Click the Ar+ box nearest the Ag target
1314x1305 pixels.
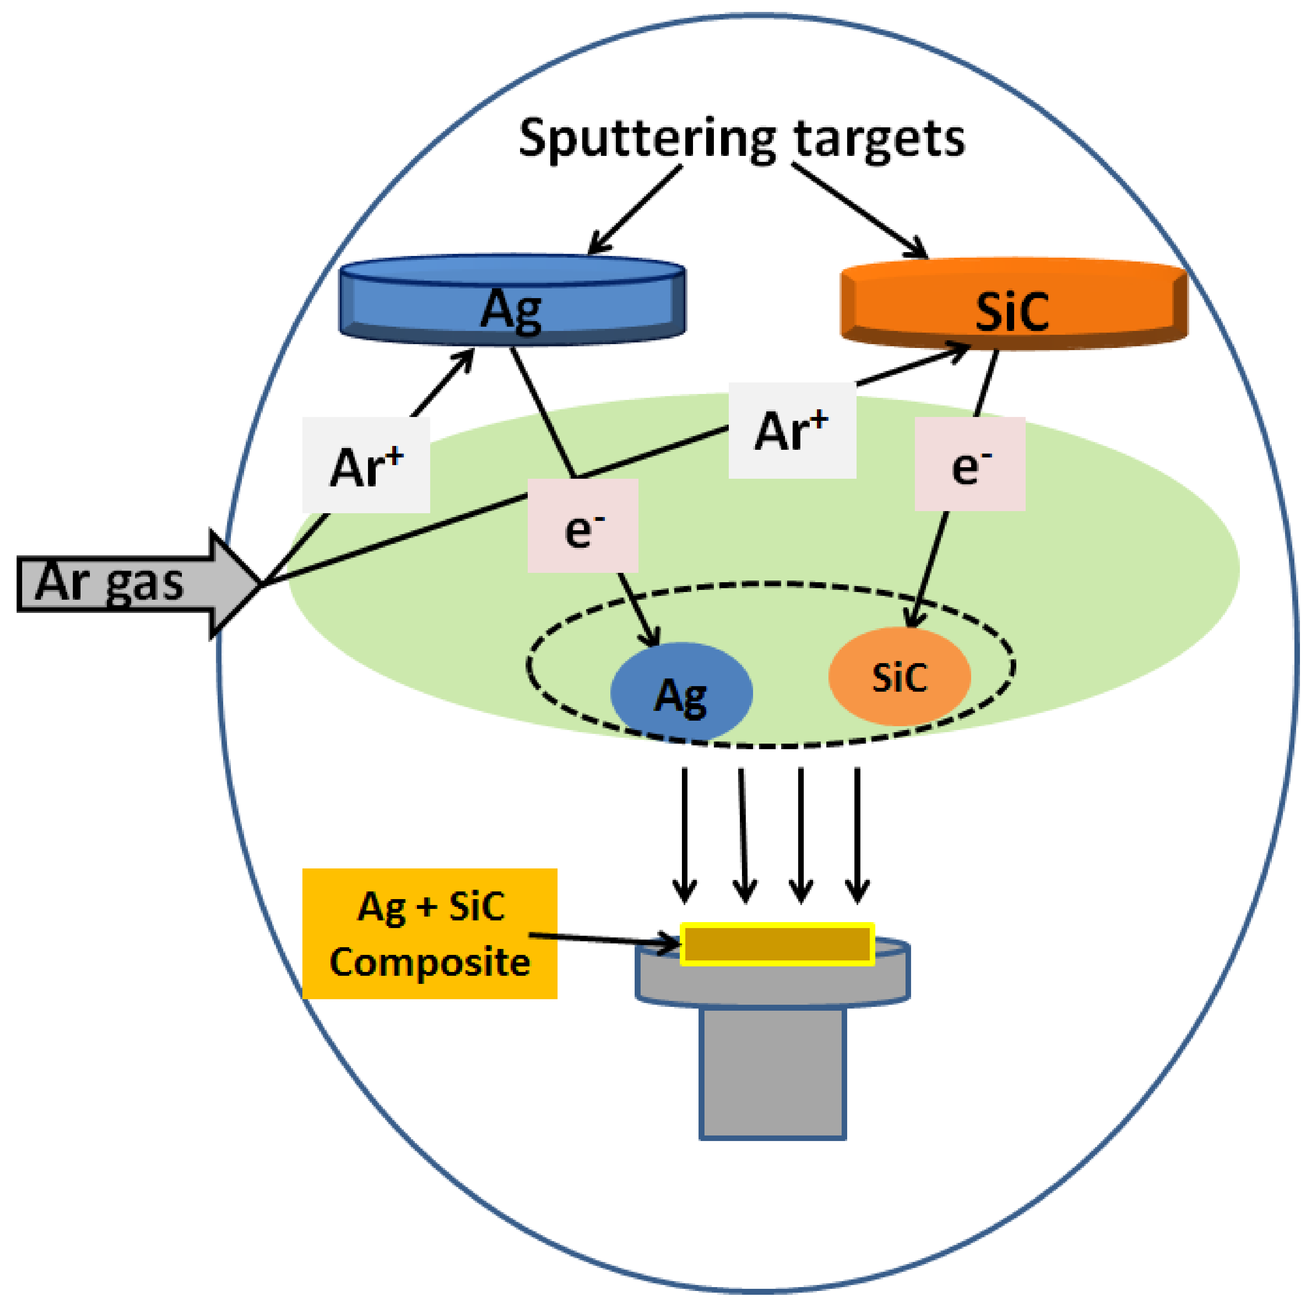coord(366,465)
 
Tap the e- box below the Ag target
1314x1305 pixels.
coord(583,525)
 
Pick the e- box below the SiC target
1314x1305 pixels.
coord(969,465)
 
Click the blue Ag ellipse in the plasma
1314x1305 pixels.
coord(681,692)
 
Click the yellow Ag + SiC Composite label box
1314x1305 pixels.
coord(429,934)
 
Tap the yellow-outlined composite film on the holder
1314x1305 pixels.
coord(777,944)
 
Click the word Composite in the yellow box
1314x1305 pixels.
coord(429,962)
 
